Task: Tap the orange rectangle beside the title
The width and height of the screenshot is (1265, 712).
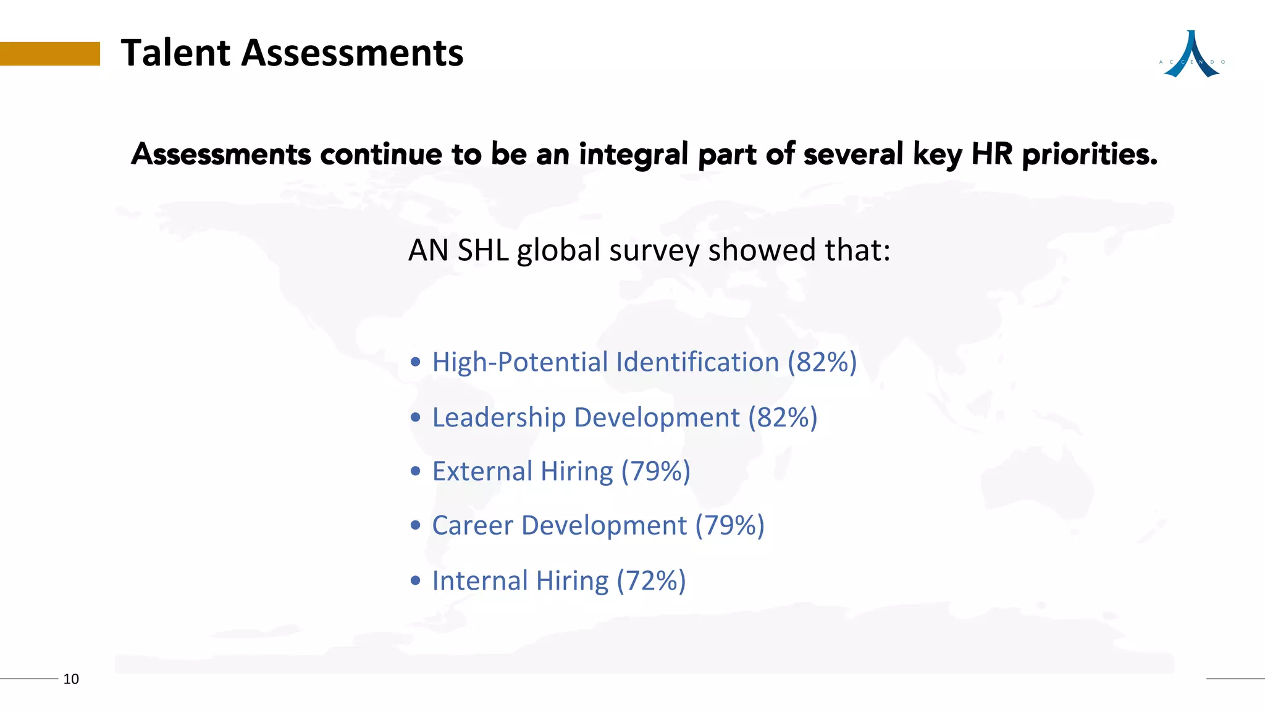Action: (49, 54)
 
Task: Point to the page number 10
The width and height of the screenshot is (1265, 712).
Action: (71, 679)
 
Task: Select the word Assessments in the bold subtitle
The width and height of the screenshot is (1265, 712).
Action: (221, 154)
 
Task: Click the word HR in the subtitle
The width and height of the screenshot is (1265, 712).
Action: (991, 154)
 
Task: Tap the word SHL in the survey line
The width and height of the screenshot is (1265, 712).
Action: (483, 250)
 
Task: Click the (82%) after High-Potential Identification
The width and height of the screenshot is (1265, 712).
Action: (822, 362)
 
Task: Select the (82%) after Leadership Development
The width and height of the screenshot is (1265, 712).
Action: (783, 418)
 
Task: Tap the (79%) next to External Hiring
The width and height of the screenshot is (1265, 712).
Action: (655, 472)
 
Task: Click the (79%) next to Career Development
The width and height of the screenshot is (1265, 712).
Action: (729, 526)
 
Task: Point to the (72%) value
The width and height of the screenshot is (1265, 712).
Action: (651, 581)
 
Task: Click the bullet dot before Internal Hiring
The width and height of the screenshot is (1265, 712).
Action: (416, 581)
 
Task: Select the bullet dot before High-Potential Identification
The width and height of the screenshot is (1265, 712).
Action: (416, 362)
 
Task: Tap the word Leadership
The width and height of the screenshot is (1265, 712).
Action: (498, 418)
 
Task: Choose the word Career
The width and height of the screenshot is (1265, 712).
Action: (473, 526)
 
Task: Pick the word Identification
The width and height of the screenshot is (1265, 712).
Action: (697, 362)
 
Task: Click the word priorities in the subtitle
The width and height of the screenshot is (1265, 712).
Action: (1090, 154)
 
